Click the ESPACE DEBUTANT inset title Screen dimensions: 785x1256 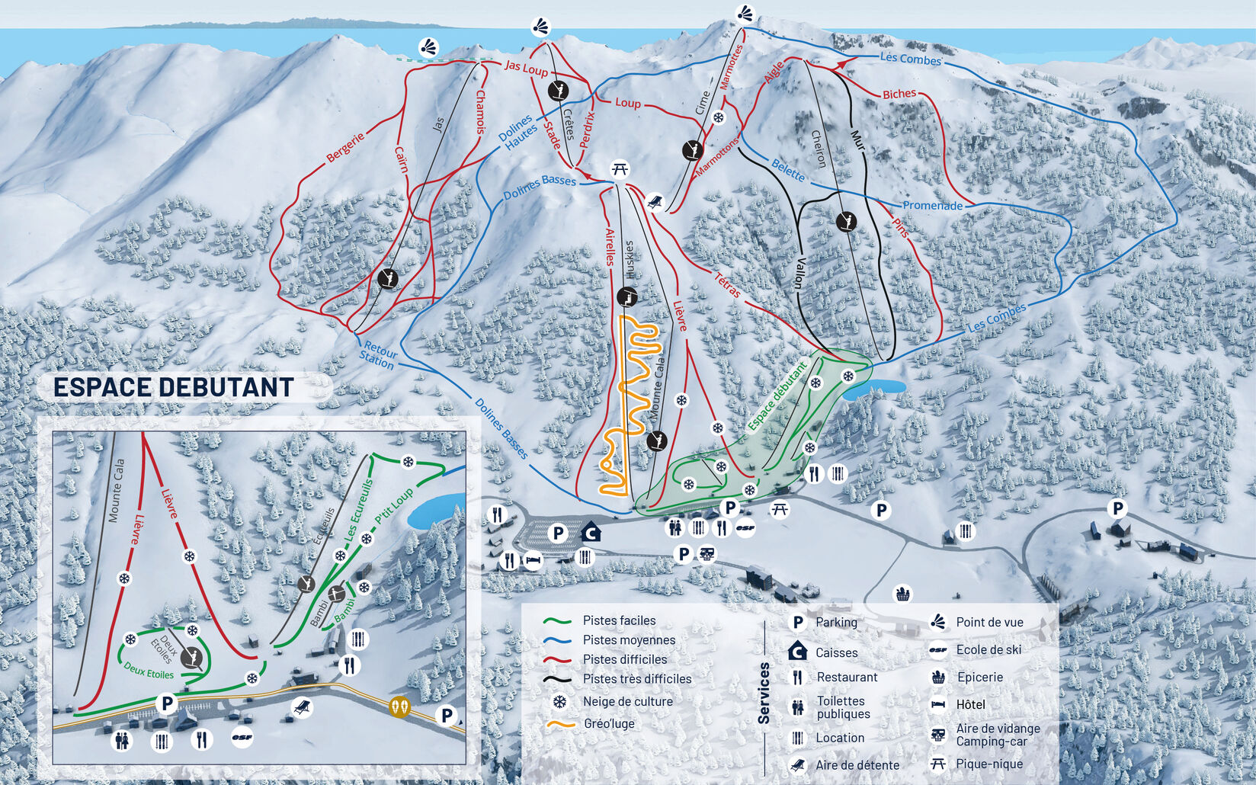coord(173,387)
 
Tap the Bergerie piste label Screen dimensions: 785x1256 coord(345,147)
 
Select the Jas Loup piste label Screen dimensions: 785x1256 coord(526,69)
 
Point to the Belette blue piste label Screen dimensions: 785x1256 coord(788,170)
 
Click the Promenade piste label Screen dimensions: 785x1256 coord(932,206)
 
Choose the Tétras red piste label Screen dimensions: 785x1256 coord(727,284)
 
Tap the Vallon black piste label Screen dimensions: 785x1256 coord(799,273)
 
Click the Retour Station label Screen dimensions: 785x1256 coord(378,354)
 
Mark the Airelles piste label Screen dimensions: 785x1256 coord(610,246)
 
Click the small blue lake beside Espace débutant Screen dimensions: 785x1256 coord(876,387)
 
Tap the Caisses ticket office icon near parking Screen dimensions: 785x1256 coord(590,532)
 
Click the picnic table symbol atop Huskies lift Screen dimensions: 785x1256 coord(620,169)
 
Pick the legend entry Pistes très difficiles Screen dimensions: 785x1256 coord(636,679)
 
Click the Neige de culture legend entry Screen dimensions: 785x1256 coord(627,701)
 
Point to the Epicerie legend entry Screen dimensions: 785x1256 coord(979,677)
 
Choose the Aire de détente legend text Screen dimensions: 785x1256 coord(857,765)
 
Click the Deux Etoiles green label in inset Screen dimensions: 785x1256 coord(149,671)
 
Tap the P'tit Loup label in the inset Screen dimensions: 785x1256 coord(394,505)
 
